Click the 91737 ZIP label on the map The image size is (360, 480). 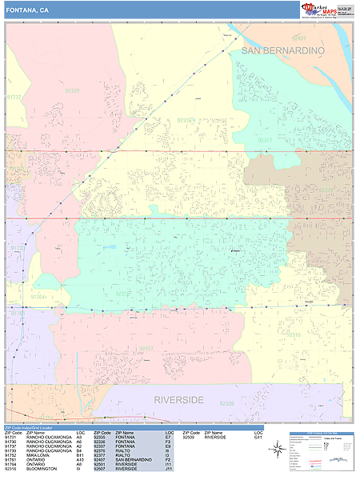coord(14,97)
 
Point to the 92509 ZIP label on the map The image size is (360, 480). coord(229,405)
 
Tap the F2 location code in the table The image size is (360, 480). coord(169,458)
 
